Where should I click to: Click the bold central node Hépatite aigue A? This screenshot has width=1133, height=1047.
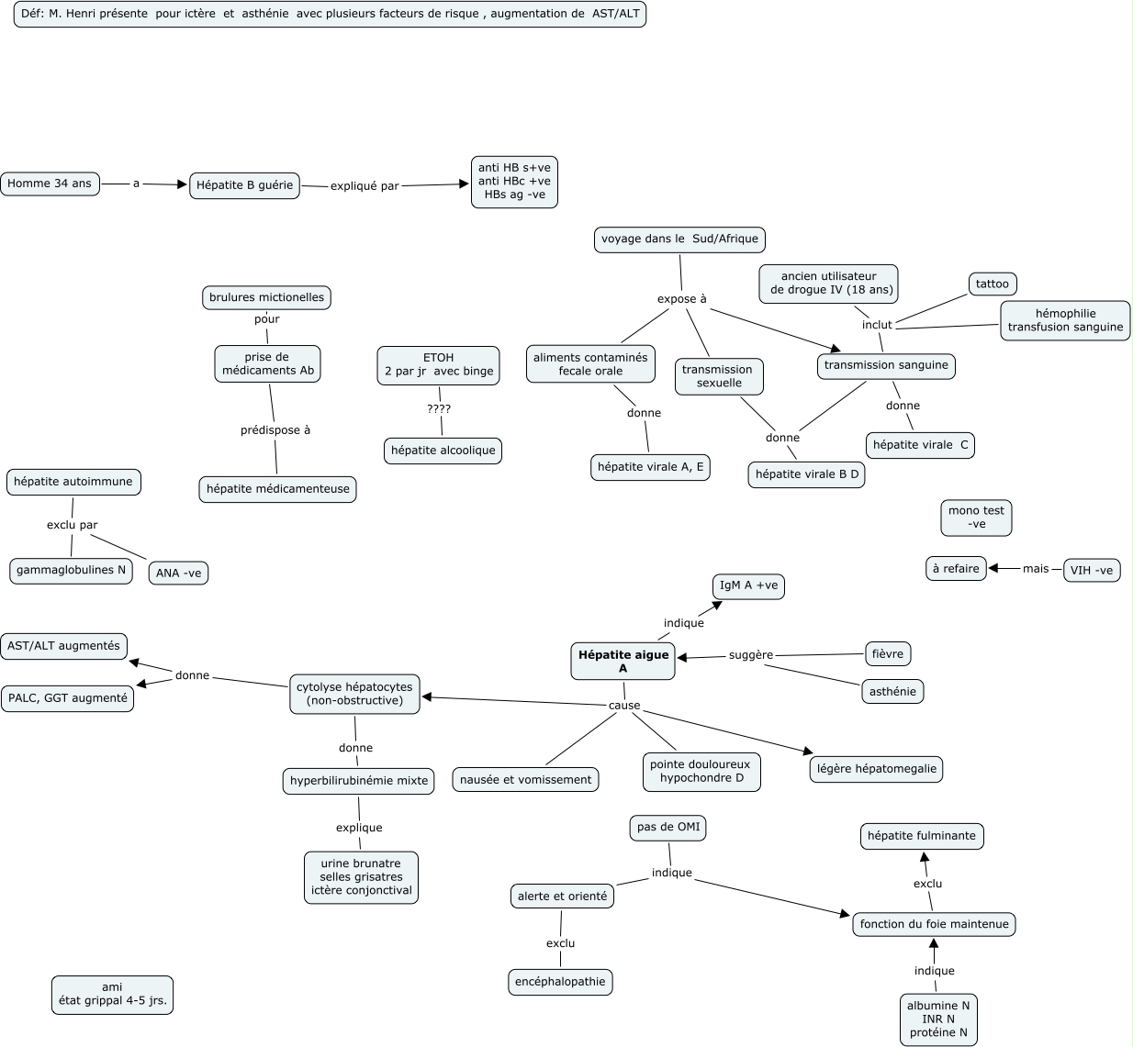pyautogui.click(x=623, y=662)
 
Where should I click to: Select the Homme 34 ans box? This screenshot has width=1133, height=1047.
pyautogui.click(x=50, y=184)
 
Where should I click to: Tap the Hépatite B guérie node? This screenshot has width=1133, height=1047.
pyautogui.click(x=244, y=185)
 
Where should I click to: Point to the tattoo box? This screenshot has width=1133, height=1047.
pyautogui.click(x=992, y=284)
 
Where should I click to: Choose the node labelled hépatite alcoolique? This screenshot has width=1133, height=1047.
pyautogui.click(x=443, y=451)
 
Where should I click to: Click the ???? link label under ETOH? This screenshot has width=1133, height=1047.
pyautogui.click(x=439, y=409)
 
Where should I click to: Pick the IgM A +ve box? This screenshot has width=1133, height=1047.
pyautogui.click(x=748, y=586)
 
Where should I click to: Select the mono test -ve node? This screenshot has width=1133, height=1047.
pyautogui.click(x=976, y=518)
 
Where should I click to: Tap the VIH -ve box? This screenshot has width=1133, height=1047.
pyautogui.click(x=1091, y=571)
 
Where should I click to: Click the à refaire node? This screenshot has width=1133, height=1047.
pyautogui.click(x=956, y=569)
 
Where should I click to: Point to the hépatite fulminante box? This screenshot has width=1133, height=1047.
pyautogui.click(x=921, y=836)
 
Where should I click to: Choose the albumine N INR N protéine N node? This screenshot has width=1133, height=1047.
pyautogui.click(x=938, y=1019)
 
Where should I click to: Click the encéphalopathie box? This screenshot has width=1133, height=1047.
pyautogui.click(x=560, y=982)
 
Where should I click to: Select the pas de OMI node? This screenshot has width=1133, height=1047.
pyautogui.click(x=668, y=828)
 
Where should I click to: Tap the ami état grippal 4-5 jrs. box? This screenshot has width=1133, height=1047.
pyautogui.click(x=112, y=995)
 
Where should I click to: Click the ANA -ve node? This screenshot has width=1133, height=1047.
pyautogui.click(x=178, y=574)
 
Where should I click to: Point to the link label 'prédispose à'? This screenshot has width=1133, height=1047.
pyautogui.click(x=275, y=430)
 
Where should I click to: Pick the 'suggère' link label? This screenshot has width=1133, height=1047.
pyautogui.click(x=751, y=655)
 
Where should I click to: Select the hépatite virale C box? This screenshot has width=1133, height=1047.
pyautogui.click(x=920, y=445)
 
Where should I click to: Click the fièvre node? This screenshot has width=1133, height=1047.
pyautogui.click(x=888, y=654)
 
